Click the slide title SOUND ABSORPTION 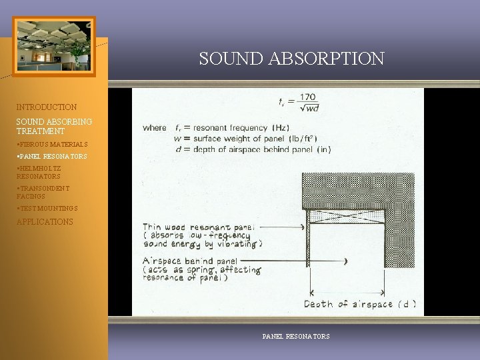tap(291, 59)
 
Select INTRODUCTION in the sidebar tap(47, 107)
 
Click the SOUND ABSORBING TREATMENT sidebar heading tap(54, 127)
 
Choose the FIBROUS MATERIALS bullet tap(52, 144)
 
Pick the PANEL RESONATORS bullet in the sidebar tap(52, 156)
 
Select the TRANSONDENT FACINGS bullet tap(43, 193)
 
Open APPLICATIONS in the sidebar tap(45, 222)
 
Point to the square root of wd tap(309, 108)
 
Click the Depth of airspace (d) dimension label tap(360, 305)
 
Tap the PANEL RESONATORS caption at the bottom tap(296, 337)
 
